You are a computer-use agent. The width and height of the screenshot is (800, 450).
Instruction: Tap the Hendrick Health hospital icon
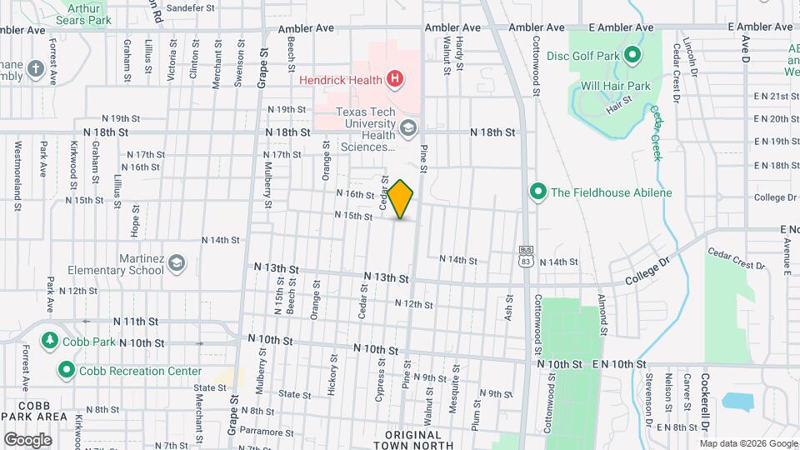395,80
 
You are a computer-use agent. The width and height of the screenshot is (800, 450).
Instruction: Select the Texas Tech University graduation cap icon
407,128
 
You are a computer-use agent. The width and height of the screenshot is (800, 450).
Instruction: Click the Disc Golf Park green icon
632,56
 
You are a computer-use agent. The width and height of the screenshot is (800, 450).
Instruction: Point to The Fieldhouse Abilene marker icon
537,192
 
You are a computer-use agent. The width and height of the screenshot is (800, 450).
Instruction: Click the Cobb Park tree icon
49,342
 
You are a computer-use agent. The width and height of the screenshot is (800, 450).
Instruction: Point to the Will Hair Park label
615,86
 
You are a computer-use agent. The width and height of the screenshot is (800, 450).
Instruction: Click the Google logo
27,439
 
